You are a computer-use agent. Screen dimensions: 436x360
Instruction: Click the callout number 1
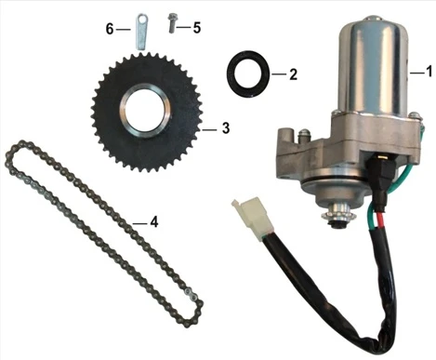pos(429,72)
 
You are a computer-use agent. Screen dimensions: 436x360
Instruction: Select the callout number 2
pos(293,74)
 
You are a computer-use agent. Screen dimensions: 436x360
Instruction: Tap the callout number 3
pos(226,128)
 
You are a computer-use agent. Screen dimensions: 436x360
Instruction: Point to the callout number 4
pos(154,222)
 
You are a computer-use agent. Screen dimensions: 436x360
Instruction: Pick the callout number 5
pos(197,28)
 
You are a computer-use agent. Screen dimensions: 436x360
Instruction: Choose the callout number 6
pos(110,30)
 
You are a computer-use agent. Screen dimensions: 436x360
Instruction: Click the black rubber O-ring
pos(248,74)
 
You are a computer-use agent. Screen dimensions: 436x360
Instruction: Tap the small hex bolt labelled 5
pos(172,23)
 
